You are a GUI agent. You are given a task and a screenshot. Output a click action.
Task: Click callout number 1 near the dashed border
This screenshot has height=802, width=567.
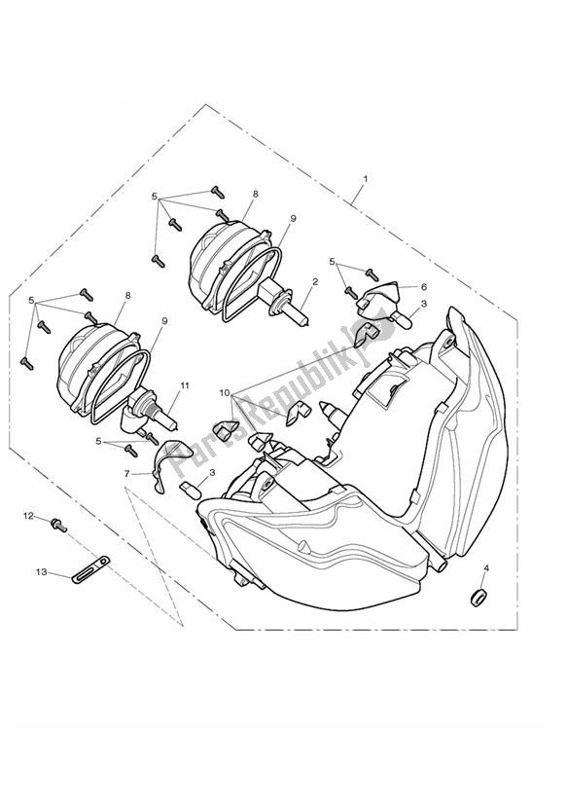coord(366,179)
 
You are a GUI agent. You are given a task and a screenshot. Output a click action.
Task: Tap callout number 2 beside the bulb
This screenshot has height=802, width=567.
coord(315,281)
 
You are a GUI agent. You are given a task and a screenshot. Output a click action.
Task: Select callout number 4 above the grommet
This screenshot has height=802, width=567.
coord(486,568)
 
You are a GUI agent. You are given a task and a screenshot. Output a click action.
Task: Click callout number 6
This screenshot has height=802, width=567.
coord(424,287)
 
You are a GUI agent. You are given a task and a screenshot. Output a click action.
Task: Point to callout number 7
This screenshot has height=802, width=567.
coord(126,474)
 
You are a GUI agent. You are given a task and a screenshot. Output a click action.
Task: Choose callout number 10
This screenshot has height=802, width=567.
coord(225,393)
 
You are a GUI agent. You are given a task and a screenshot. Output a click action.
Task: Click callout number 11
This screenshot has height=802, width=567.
coord(185,385)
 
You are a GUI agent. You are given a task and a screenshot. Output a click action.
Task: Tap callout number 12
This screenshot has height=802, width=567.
coord(28,516)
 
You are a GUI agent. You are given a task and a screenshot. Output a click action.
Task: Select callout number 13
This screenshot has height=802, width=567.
coord(42,572)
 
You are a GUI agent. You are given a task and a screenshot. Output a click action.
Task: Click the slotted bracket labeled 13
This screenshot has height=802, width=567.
coord(91,568)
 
